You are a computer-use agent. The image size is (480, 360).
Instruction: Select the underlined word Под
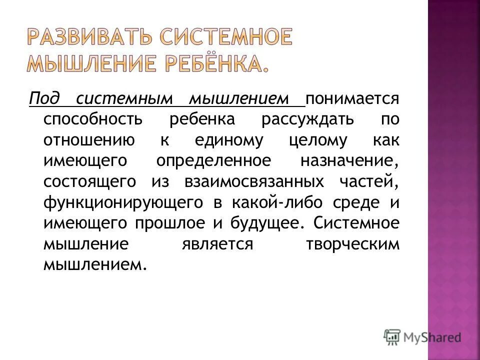(41, 98)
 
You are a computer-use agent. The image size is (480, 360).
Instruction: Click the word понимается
(352, 98)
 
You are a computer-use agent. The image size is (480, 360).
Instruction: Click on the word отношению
(88, 141)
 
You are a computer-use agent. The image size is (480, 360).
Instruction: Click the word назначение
(350, 162)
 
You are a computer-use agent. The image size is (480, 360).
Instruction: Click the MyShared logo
(423, 337)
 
